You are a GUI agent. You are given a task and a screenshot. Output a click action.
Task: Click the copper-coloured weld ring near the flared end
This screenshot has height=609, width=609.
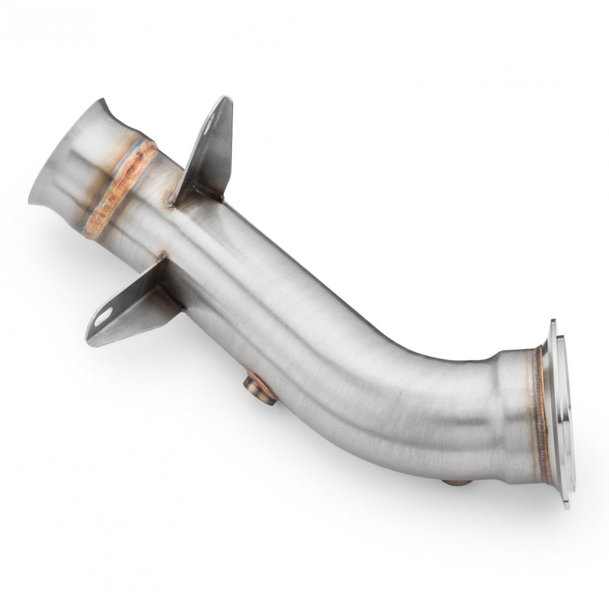tap(121, 189)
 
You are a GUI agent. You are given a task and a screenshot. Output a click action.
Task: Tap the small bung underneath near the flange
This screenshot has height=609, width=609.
tap(456, 482)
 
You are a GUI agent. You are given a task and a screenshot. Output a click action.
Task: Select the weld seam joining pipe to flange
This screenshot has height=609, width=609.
tap(540, 415)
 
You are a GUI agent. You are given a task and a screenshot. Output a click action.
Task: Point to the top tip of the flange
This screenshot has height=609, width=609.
tap(553, 322)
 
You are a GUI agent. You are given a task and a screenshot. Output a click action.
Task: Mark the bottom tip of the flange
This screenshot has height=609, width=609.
tap(567, 505)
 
